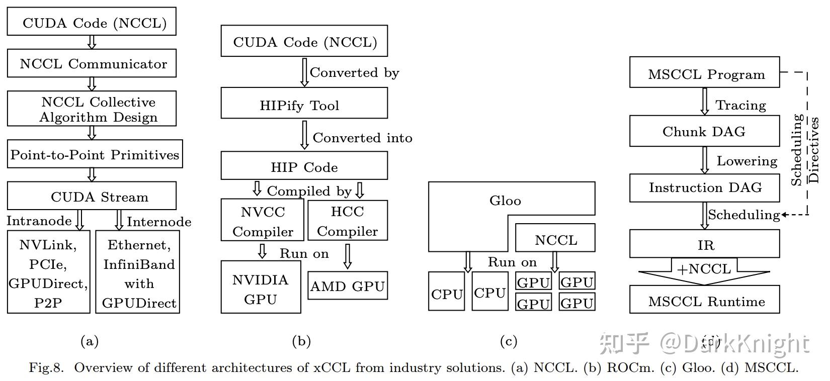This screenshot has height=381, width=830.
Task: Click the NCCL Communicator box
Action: pos(92,63)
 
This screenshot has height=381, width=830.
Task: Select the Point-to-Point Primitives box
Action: pos(95,154)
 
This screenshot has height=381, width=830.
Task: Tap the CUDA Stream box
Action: pos(92,196)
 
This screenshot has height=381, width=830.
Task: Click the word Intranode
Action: pos(39,221)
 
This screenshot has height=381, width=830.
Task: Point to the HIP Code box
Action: pos(304,166)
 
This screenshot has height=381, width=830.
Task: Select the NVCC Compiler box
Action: pos(262,221)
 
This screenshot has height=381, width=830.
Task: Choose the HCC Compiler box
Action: pos(347,221)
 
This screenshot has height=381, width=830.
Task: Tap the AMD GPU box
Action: pos(347,286)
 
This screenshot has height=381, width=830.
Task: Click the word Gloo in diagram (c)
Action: pos(505,201)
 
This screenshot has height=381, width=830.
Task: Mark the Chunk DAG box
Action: pos(704,131)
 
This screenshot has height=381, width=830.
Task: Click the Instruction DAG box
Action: pos(704,187)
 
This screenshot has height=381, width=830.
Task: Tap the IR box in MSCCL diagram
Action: pos(704,244)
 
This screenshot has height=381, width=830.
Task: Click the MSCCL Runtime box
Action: pos(704,301)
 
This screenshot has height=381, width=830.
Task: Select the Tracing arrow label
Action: pos(740,105)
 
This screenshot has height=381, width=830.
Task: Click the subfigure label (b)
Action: pos(301,342)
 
